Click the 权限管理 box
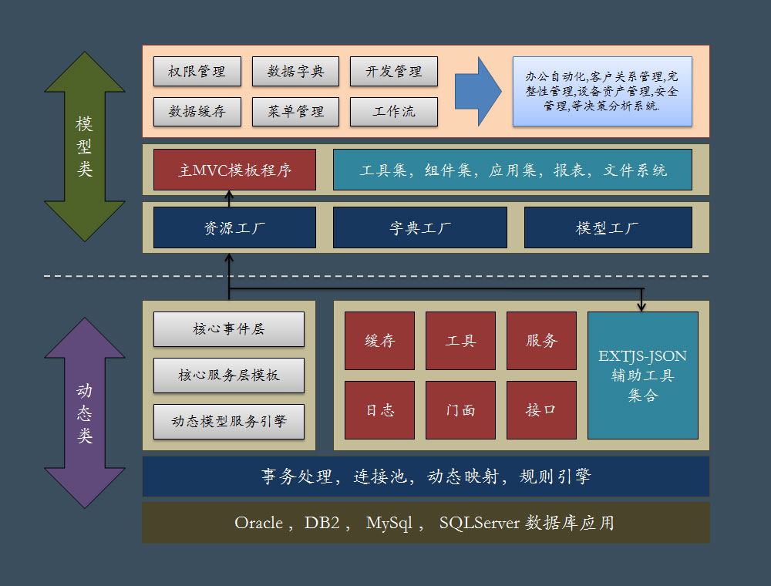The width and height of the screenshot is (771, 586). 197,71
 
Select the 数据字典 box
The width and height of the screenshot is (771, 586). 295,71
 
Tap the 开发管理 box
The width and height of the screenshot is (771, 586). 393,71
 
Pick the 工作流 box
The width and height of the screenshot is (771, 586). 393,112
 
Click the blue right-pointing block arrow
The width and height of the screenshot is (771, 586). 478,91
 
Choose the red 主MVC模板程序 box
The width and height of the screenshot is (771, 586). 234,170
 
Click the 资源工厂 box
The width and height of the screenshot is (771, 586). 234,227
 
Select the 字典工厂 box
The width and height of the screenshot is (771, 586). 420,227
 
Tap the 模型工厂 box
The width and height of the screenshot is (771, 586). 608,227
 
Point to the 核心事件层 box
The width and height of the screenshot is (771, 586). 228,329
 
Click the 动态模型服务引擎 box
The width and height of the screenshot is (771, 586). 228,421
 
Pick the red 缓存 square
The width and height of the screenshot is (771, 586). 379,341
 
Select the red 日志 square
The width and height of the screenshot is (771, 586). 379,409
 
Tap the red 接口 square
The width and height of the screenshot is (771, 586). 541,409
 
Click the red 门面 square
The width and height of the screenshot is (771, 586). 460,409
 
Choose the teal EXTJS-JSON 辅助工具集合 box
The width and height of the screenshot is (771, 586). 642,376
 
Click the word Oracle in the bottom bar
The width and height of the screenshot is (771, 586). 258,523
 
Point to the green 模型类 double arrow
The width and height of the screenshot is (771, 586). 85,147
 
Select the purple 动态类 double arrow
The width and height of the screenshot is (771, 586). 85,413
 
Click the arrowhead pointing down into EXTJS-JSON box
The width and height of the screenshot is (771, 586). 641,307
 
